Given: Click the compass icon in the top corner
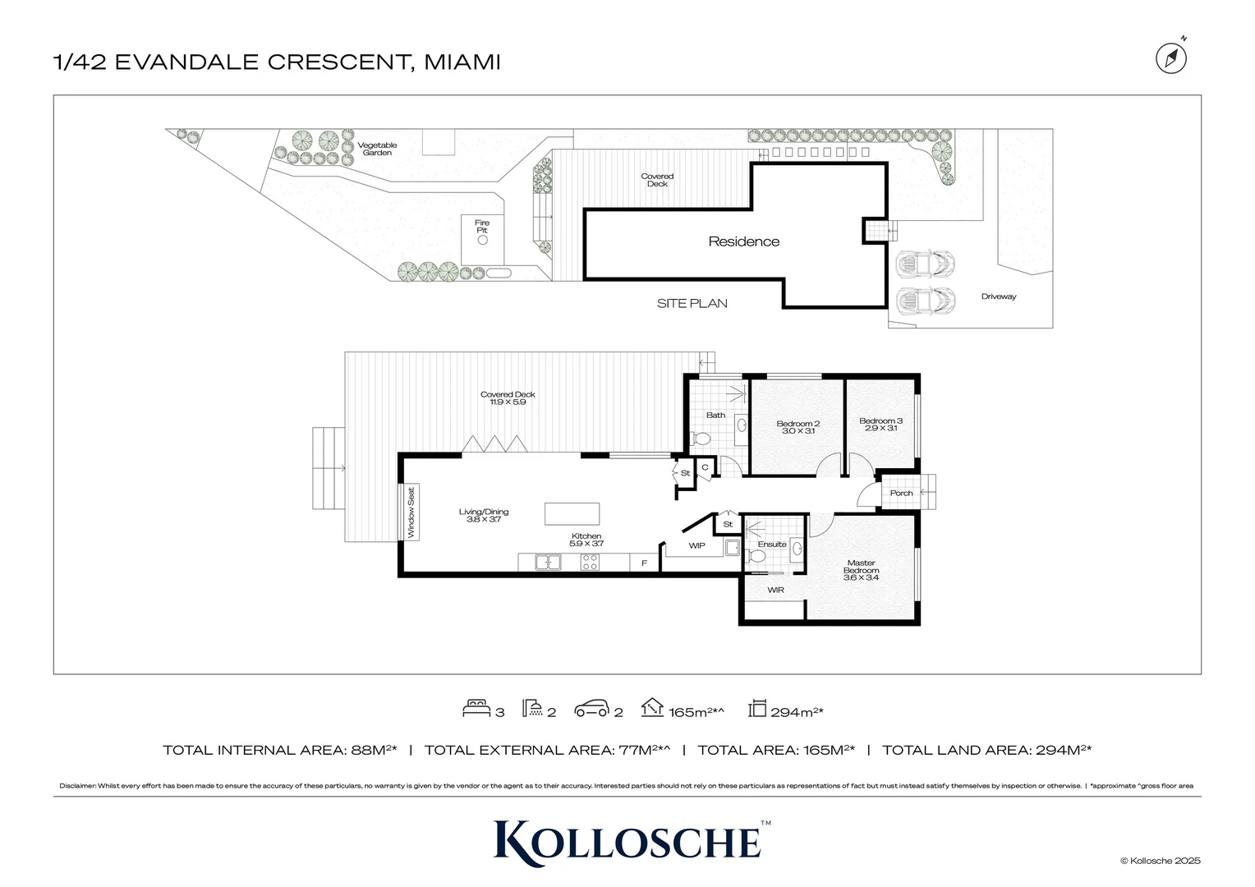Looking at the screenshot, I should [1171, 57].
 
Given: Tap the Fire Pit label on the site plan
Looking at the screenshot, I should [482, 226].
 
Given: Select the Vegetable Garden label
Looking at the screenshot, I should [377, 149].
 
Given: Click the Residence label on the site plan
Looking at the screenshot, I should [744, 241].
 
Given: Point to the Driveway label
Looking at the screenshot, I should [998, 296].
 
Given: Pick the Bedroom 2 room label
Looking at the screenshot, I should [798, 427].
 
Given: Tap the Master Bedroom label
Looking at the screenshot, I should [861, 570].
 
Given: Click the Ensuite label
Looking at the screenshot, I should [772, 544].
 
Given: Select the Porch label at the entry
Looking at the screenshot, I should [901, 493].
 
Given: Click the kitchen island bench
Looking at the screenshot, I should [572, 514].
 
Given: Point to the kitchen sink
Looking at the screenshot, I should [548, 563].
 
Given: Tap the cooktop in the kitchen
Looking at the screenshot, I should [590, 563].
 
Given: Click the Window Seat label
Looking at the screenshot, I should [411, 513].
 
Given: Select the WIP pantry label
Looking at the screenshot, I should [696, 545].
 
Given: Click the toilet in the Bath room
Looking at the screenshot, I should [701, 439].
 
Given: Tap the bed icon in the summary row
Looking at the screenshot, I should [476, 709].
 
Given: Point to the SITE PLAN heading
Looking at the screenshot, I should [692, 303].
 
